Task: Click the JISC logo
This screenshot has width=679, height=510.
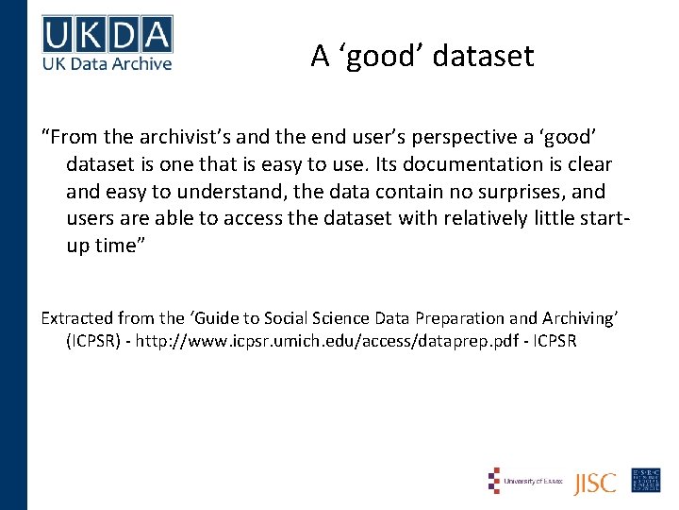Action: click(x=595, y=482)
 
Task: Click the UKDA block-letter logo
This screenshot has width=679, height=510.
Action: click(x=108, y=35)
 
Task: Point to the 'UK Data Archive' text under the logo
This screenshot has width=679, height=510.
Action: click(x=108, y=63)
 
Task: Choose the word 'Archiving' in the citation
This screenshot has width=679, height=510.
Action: click(x=576, y=318)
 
